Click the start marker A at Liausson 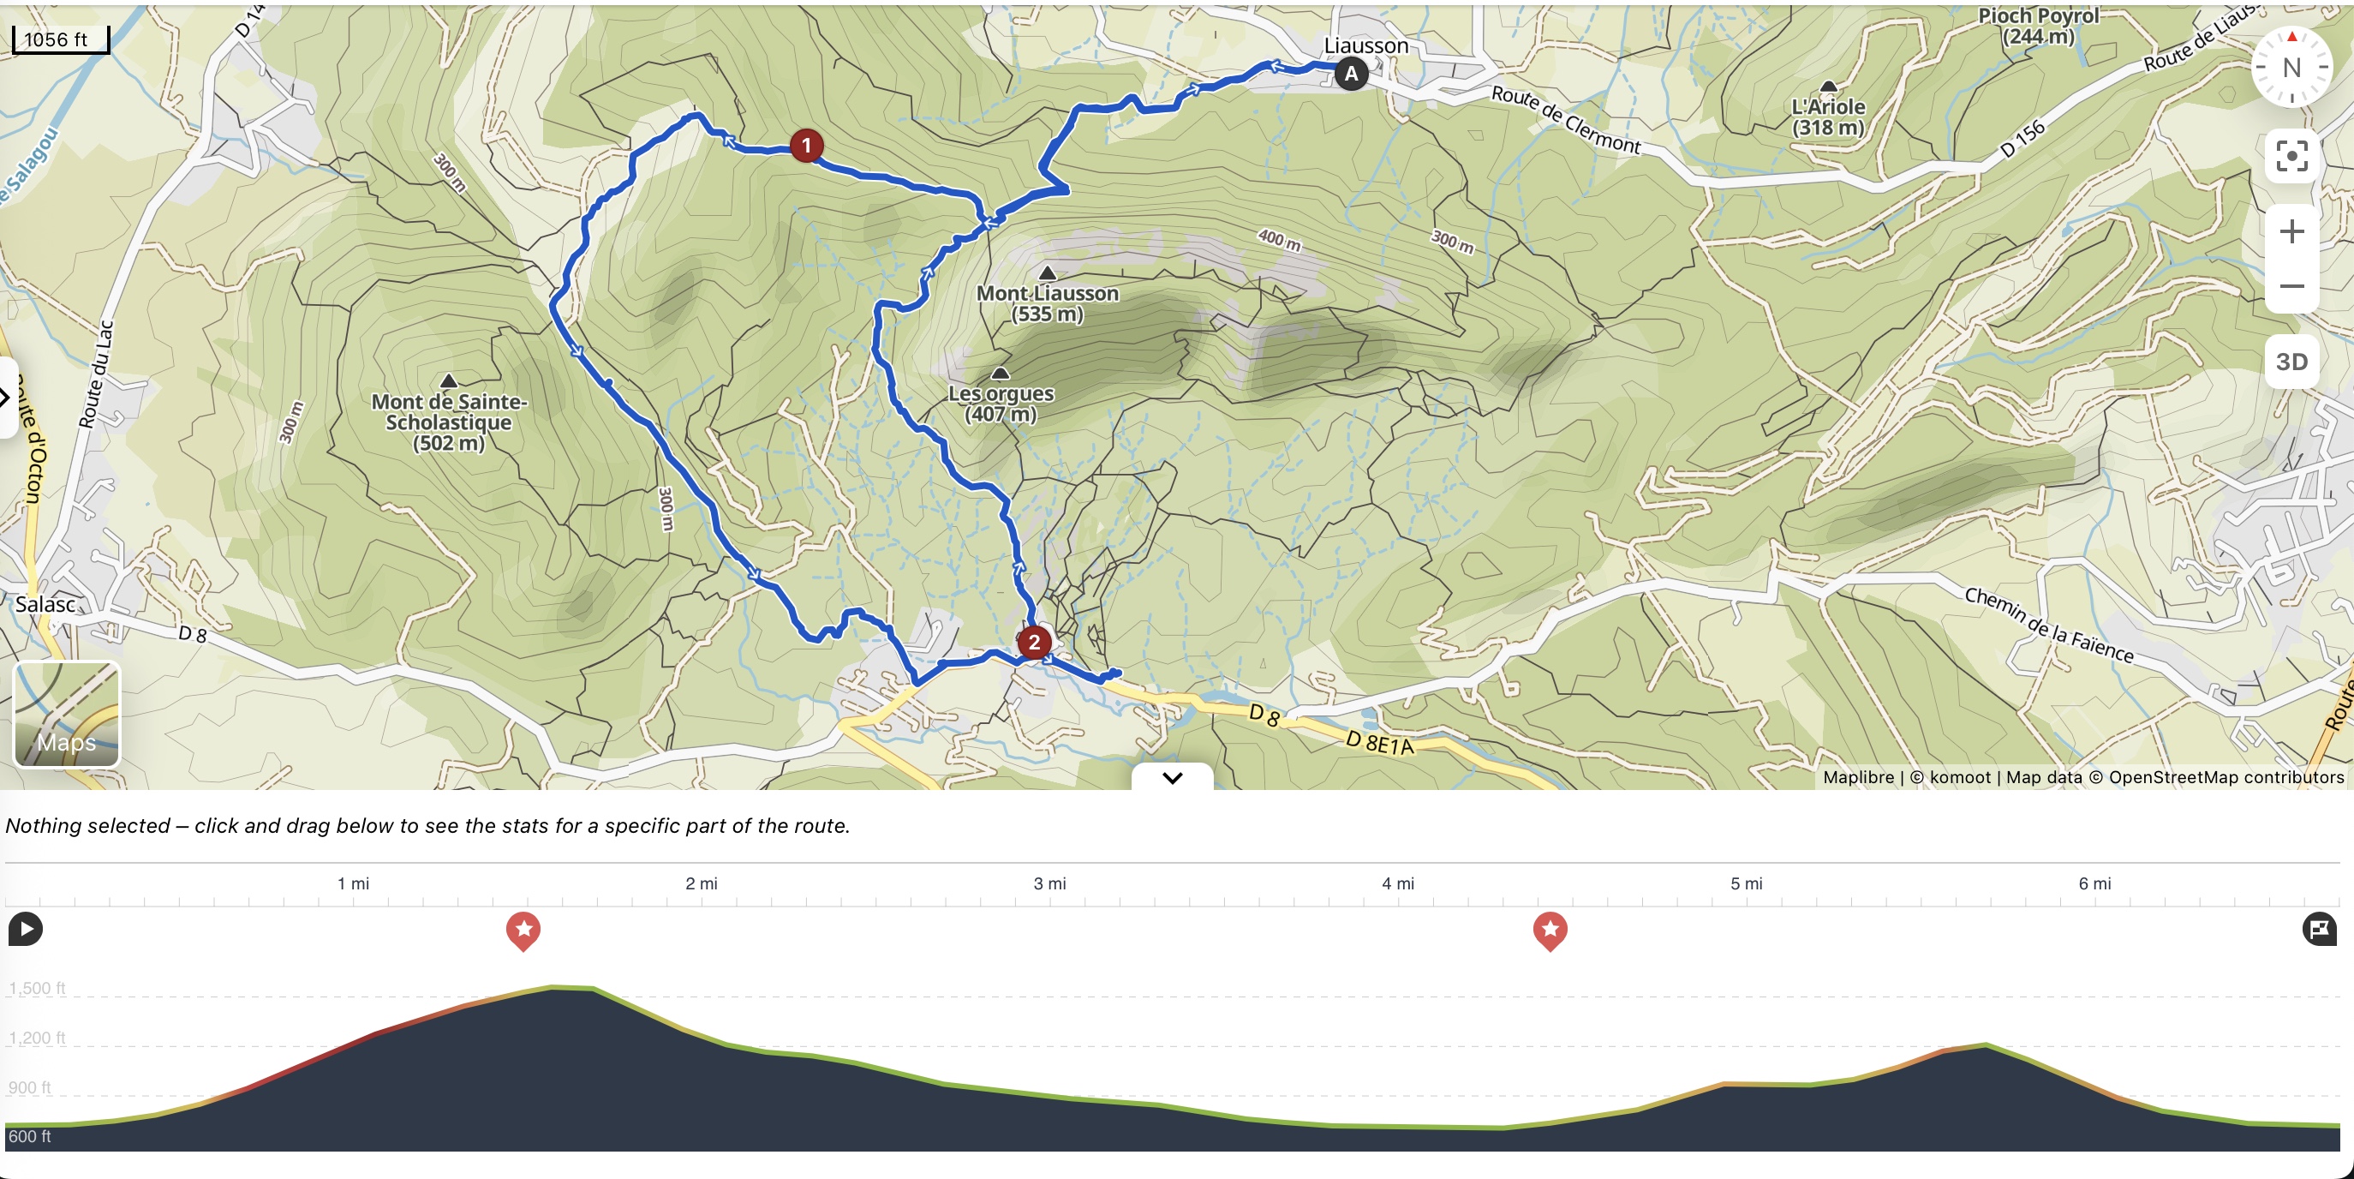tap(1351, 73)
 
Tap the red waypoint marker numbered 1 tap(806, 146)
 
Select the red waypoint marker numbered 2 tap(1034, 643)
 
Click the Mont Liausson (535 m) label tap(1048, 303)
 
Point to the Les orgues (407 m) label tap(1001, 403)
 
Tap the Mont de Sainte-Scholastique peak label tap(449, 422)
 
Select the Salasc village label tap(45, 604)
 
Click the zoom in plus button tap(2291, 232)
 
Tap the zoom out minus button tap(2291, 286)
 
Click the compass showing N tap(2291, 68)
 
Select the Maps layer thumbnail tap(67, 715)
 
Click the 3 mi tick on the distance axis tap(1049, 883)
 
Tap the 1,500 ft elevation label tap(38, 988)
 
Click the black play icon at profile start tap(26, 930)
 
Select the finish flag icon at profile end tap(2319, 930)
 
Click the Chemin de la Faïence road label tap(2049, 625)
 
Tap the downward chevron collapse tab tap(1173, 778)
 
